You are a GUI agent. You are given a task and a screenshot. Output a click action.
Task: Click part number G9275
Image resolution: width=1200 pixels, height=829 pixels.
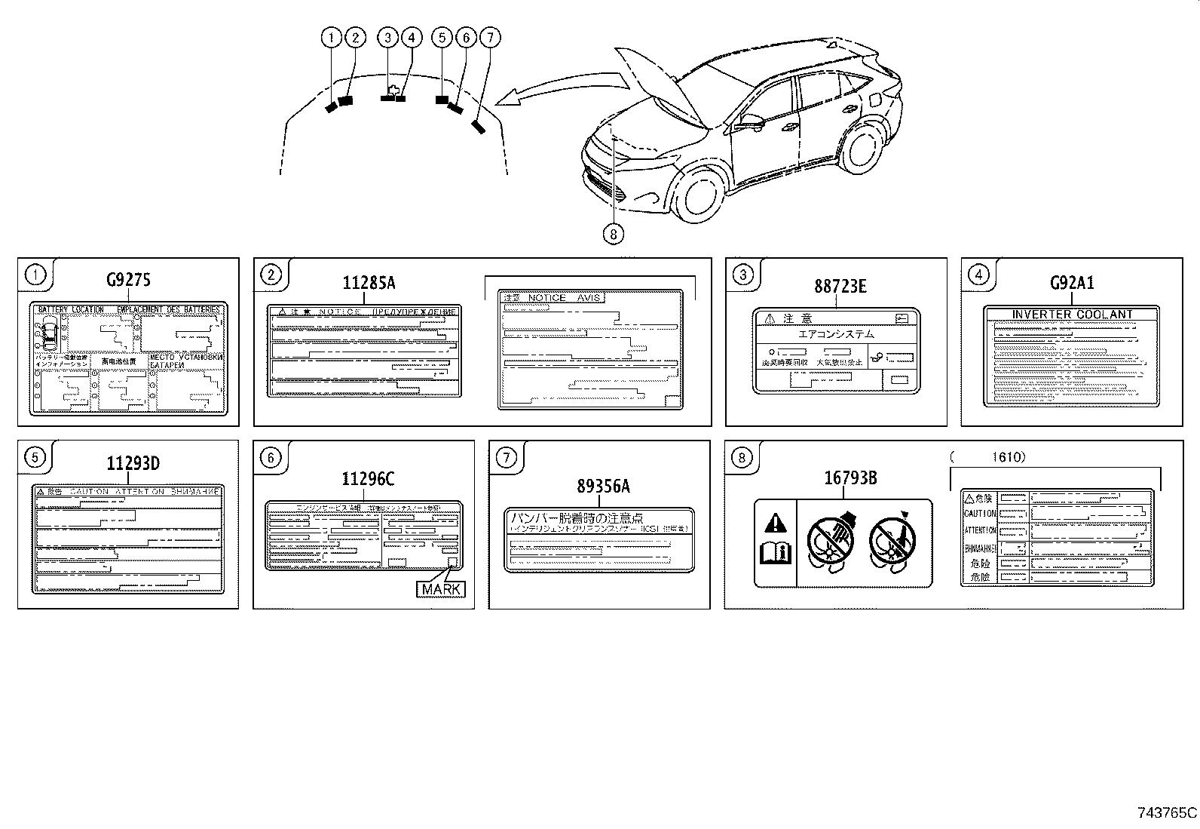click(x=128, y=281)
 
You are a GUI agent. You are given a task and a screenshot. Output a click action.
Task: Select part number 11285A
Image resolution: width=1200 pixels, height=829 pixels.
click(x=369, y=283)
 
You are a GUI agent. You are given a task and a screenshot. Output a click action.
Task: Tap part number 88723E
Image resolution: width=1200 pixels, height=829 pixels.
click(x=840, y=286)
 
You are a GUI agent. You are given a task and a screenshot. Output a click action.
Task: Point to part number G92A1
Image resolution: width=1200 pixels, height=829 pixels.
click(x=1072, y=283)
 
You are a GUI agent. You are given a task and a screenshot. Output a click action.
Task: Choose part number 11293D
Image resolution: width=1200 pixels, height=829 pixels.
click(x=133, y=463)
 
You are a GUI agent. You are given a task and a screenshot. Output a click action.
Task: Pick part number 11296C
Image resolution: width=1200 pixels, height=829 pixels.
click(x=368, y=478)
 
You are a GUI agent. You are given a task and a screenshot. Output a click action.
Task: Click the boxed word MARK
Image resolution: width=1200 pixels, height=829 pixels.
click(x=441, y=589)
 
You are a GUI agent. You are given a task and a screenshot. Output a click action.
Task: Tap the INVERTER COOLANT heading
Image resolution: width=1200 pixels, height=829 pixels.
click(x=1072, y=315)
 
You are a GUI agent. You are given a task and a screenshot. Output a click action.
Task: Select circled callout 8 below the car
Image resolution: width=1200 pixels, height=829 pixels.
click(x=614, y=235)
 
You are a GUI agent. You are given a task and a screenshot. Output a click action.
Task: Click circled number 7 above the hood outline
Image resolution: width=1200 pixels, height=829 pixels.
click(x=489, y=37)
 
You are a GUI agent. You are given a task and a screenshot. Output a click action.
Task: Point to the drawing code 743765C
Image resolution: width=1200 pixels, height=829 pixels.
click(x=1166, y=812)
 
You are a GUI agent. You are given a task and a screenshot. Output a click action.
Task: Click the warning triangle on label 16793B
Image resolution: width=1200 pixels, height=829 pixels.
click(x=775, y=523)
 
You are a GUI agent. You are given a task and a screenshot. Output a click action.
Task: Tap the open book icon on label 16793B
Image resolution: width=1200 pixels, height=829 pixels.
click(x=775, y=555)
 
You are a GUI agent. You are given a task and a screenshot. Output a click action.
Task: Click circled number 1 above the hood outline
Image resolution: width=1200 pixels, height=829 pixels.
click(x=331, y=37)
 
